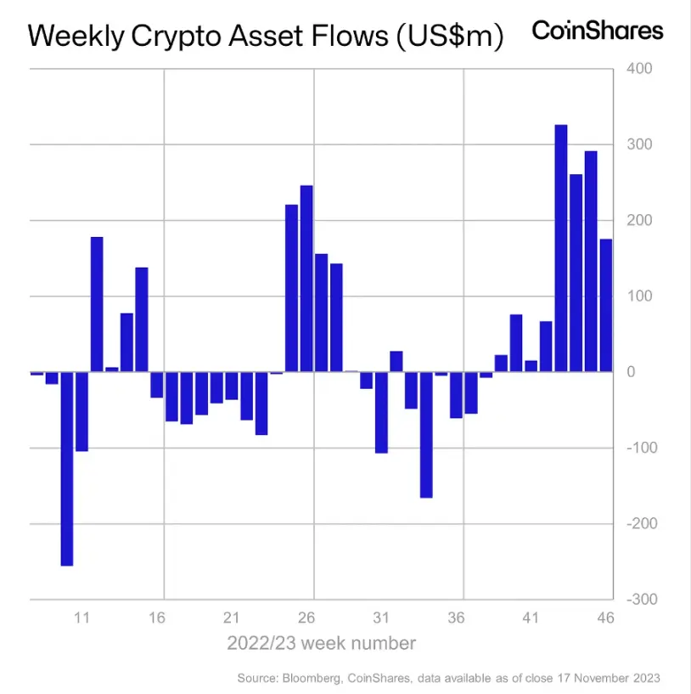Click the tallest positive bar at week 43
coord(561,248)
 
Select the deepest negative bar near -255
coord(67,468)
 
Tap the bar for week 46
coord(606,306)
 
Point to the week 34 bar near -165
coord(426,434)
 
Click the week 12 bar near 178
coord(97,304)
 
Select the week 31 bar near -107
coord(381,412)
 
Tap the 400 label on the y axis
coord(640,69)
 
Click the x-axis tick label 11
coord(82,618)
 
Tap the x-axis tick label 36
coord(456,618)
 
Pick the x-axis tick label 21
coord(232,618)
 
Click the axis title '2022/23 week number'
coord(321,643)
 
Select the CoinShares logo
coord(598,31)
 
